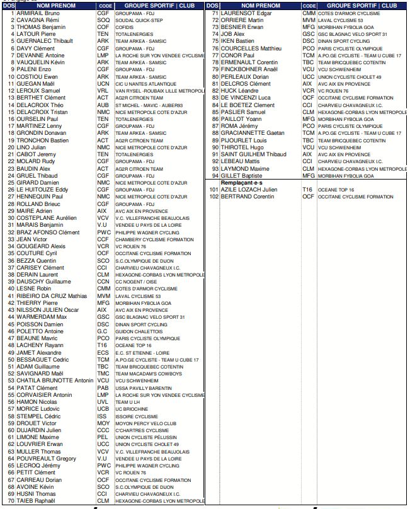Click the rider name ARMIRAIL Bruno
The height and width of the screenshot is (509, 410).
point(38,13)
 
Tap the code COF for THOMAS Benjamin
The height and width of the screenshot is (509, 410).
point(103,27)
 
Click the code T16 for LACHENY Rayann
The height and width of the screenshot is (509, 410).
point(102,345)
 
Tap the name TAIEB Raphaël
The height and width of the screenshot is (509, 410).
point(36,501)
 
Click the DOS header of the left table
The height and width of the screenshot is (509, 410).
point(8,5)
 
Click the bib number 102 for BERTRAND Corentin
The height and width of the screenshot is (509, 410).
point(214,197)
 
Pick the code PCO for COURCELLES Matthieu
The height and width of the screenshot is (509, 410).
point(308,48)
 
